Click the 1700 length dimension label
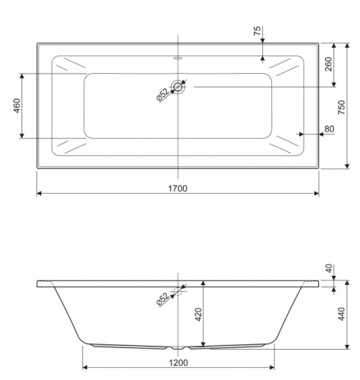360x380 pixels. coord(178,188)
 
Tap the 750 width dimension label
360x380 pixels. coord(342,107)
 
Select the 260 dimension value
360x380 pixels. coord(328,64)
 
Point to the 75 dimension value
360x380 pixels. coord(257,31)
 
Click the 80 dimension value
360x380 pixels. coord(329,128)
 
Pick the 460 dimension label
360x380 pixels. coord(17,106)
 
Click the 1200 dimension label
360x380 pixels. coord(178,363)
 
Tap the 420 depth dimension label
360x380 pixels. coord(199,315)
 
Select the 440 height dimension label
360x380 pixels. coord(342,314)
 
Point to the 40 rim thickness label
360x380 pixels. coord(329,268)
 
